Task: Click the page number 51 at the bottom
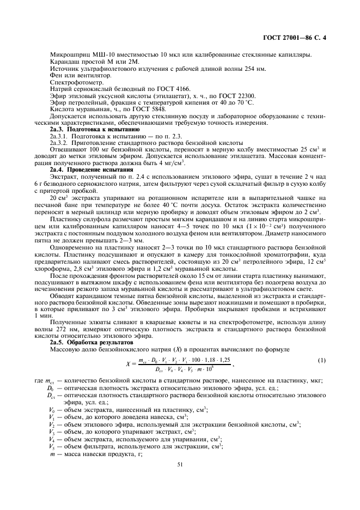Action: tap(180, 464)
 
